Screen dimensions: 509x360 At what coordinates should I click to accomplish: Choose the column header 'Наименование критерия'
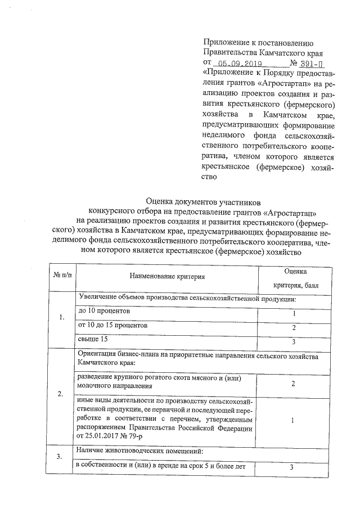[x=167, y=276]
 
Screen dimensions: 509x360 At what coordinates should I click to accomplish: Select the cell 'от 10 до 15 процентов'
[x=113, y=326]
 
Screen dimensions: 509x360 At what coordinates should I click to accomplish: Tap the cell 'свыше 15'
[x=92, y=340]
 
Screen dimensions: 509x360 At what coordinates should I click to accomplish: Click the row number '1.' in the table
[x=62, y=319]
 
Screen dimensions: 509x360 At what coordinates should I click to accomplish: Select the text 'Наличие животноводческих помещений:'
[x=138, y=452]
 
